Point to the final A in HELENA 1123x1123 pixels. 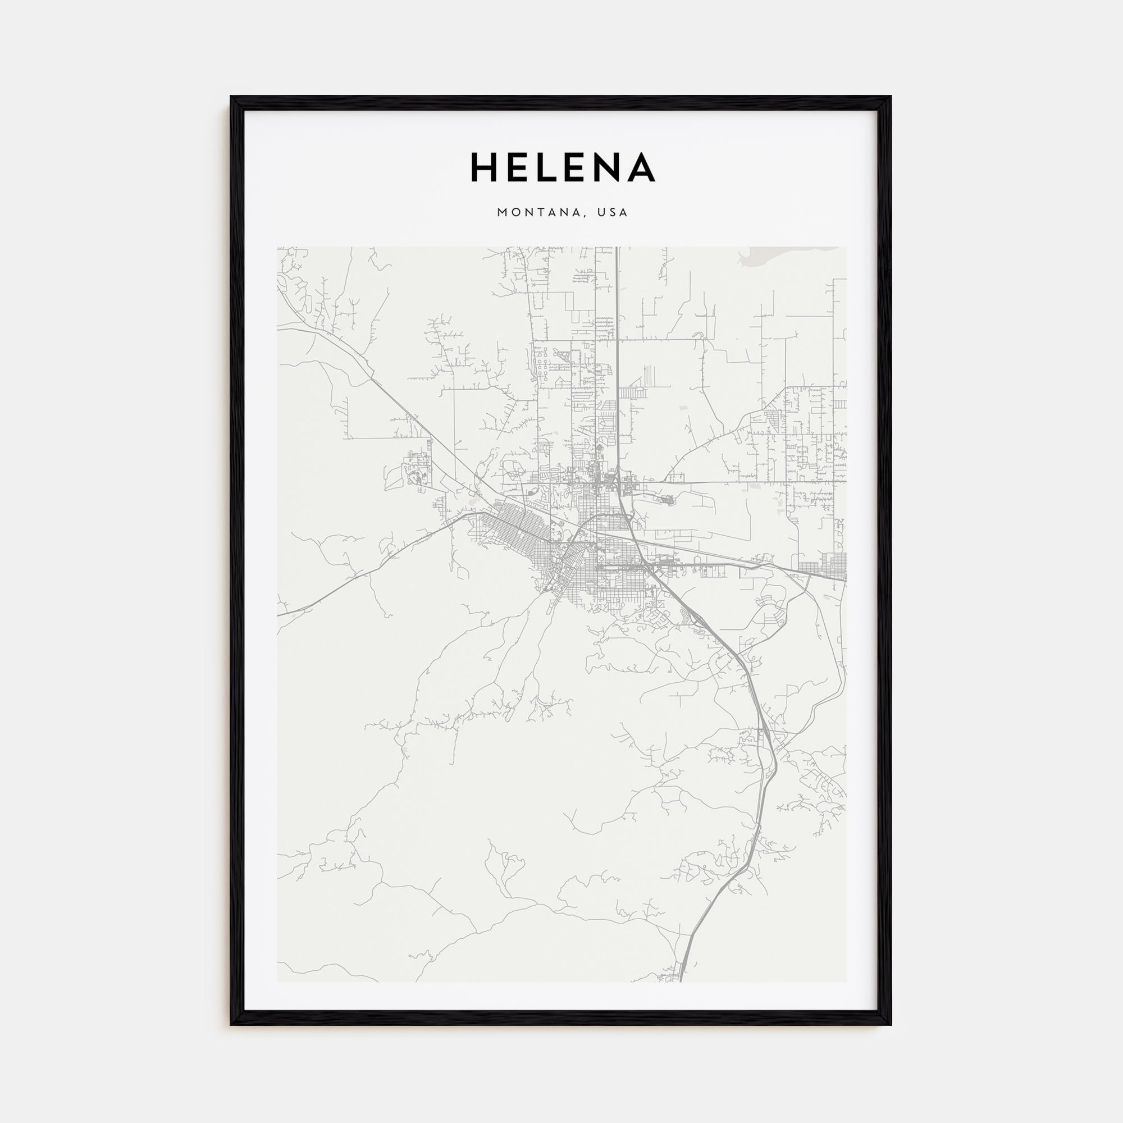[642, 167]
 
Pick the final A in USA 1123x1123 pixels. [624, 213]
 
